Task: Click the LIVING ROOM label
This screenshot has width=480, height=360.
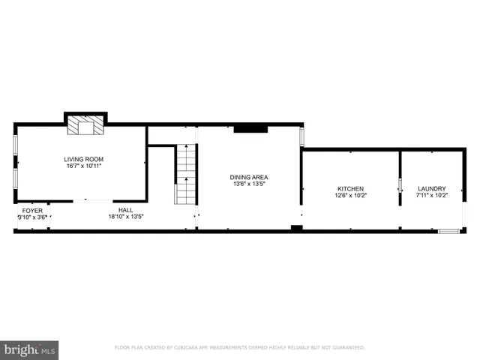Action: [82, 159]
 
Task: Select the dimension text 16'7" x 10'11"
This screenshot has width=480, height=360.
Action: [82, 166]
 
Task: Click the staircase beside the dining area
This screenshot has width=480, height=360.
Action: [186, 175]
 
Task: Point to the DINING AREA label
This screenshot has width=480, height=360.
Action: [248, 177]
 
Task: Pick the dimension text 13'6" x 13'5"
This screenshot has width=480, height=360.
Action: [248, 184]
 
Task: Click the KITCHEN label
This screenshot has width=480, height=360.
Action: [350, 189]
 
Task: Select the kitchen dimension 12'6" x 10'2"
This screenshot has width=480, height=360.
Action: [350, 196]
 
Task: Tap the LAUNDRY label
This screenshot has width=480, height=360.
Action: [431, 189]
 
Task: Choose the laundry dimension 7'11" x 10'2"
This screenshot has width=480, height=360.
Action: [431, 196]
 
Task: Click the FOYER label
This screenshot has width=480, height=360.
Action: [32, 211]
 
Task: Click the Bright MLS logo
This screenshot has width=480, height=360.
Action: [30, 349]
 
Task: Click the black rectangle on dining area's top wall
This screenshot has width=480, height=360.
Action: [250, 129]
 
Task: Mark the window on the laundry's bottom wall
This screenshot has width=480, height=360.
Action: [448, 231]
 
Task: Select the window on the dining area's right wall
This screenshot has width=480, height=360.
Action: [301, 136]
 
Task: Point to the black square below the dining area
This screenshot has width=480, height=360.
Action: [297, 228]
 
